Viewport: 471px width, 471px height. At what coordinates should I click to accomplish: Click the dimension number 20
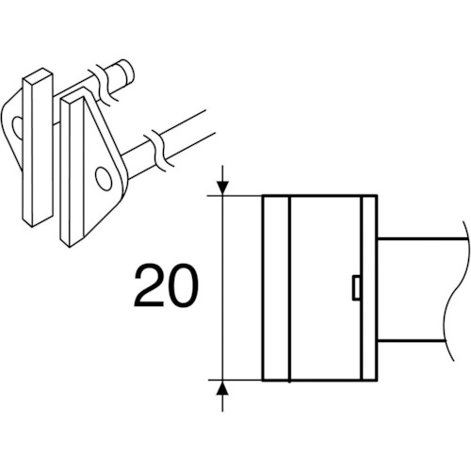(166, 285)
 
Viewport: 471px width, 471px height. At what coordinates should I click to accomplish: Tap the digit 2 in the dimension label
(149, 285)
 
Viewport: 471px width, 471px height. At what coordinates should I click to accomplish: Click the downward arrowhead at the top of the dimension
(222, 187)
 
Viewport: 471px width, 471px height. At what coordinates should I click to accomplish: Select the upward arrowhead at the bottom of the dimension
(222, 388)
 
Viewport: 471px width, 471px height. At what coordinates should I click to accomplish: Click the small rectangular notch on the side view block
(356, 287)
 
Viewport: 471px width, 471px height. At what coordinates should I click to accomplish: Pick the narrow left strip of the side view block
(276, 287)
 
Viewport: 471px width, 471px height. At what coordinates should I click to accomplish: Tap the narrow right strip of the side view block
(369, 287)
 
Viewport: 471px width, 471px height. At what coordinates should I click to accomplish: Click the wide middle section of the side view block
(326, 287)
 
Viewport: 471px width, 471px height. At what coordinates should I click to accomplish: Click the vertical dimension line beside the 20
(222, 287)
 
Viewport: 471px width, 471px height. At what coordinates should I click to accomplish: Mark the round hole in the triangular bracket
(104, 178)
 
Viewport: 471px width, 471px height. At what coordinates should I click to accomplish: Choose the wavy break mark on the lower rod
(158, 150)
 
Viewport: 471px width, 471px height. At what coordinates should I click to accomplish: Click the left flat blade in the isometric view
(38, 147)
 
